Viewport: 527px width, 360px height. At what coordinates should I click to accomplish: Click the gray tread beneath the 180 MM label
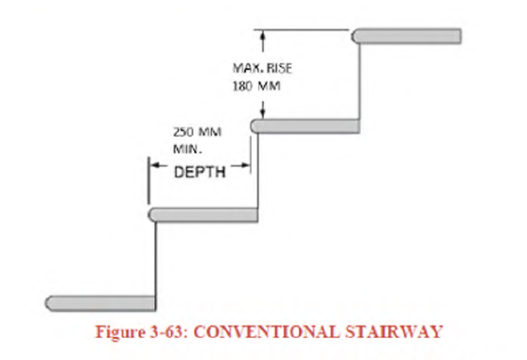coord(305,126)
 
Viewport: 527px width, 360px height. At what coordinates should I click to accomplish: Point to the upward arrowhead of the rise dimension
coord(261,35)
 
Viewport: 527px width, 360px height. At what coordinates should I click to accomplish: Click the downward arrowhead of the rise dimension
coord(261,114)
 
